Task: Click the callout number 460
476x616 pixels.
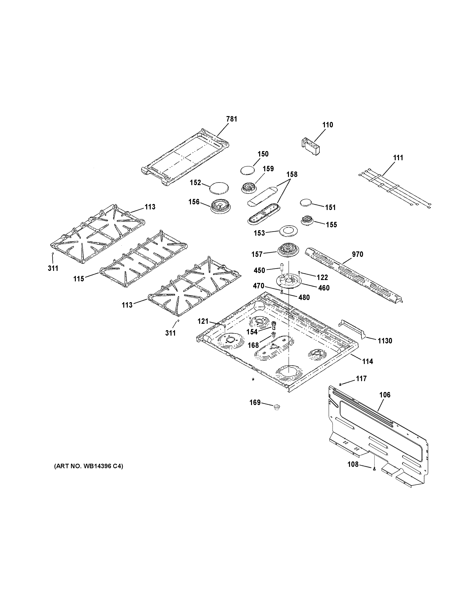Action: [x=324, y=288]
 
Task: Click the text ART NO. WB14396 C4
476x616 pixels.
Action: [x=88, y=466]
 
